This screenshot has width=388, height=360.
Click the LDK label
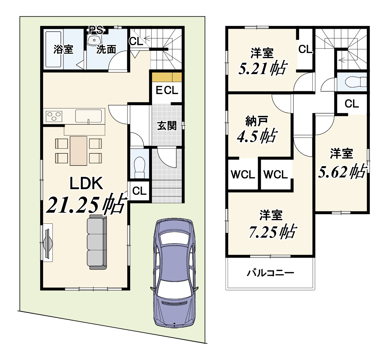coord(86,183)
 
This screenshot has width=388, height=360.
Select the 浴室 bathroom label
coord(63,49)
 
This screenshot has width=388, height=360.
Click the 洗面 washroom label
coord(106,49)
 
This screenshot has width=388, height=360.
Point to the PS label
coord(96,30)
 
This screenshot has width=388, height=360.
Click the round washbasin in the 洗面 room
coord(94,40)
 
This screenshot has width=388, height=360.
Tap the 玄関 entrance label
coord(167,126)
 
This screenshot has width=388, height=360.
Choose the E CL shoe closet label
coord(167,90)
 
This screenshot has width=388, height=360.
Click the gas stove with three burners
coord(54,116)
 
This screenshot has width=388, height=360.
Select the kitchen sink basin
coord(89,116)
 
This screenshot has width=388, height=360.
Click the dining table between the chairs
coord(78,151)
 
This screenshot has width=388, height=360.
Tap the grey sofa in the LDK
coord(97,242)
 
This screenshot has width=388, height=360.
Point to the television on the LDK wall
coord(48,243)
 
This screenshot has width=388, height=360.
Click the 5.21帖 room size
coord(263,68)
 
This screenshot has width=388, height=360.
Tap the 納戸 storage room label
coord(257,121)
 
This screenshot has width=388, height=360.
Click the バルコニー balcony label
coord(270,273)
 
